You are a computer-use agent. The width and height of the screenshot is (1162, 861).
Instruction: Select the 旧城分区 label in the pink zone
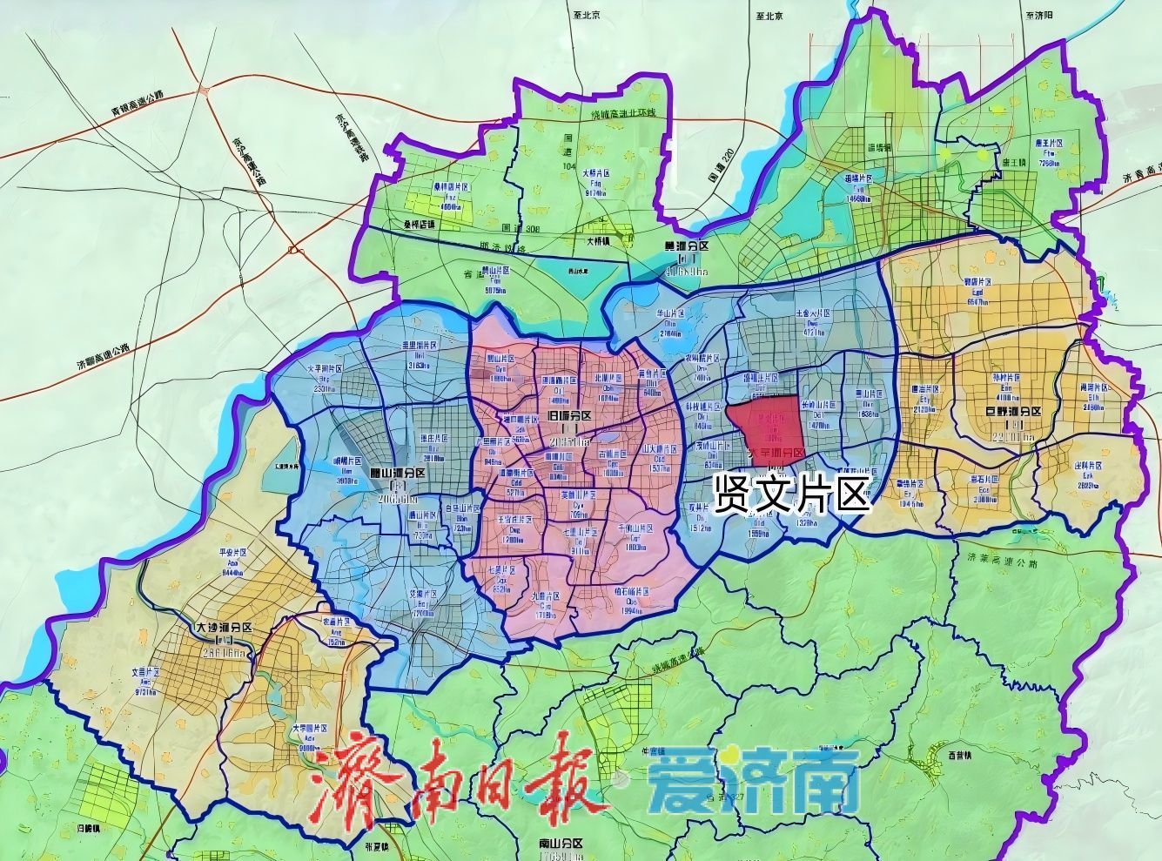point(570,416)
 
